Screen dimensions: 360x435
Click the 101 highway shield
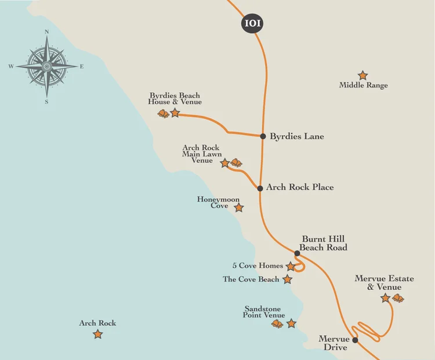[252, 24]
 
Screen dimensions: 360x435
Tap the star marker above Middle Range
[363, 75]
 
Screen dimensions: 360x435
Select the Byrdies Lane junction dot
[263, 137]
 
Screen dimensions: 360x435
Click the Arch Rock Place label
[300, 187]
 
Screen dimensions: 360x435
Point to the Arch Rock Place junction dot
[260, 188]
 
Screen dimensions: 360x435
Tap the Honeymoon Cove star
[238, 208]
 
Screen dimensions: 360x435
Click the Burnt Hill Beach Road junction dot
[297, 253]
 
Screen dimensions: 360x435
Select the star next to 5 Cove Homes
[291, 267]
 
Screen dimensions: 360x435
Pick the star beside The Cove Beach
[287, 279]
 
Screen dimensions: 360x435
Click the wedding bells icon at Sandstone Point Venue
[278, 323]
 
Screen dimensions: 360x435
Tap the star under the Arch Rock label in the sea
[98, 334]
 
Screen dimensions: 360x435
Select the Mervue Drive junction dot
[356, 340]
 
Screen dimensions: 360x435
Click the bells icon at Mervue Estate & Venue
[398, 298]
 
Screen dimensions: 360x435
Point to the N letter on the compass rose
[46, 32]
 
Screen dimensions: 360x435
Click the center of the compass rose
[46, 67]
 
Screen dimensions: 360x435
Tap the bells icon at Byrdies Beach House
[164, 114]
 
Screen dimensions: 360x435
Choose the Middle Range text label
[364, 86]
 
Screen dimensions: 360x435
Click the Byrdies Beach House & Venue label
[175, 99]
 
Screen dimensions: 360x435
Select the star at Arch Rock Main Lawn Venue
[225, 163]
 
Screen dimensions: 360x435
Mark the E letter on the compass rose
[81, 67]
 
